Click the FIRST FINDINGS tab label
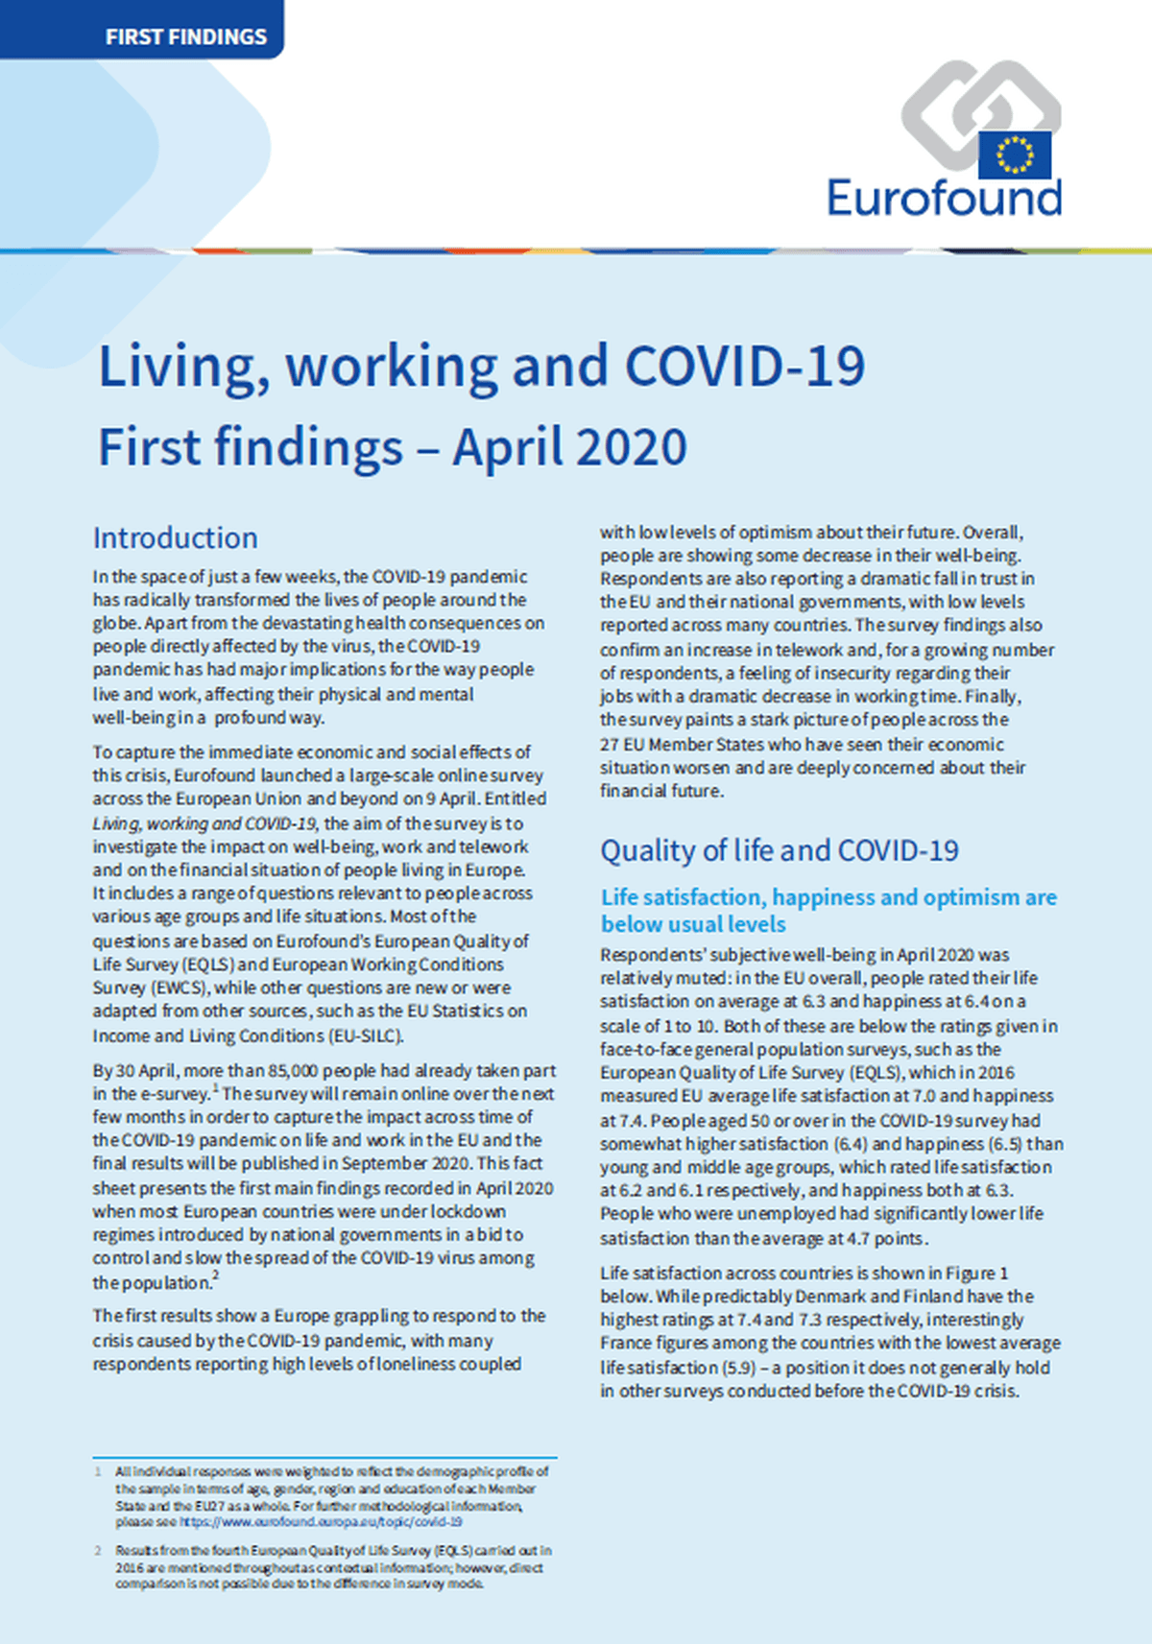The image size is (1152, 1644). pos(186,37)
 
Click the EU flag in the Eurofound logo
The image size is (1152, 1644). pos(1014,155)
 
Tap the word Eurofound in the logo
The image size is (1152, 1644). pos(945,198)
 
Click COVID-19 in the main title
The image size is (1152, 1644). pos(745,367)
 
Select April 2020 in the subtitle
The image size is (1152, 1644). pos(570,447)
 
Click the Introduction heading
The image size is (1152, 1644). pos(176,537)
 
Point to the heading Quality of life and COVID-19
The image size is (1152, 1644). pos(780,850)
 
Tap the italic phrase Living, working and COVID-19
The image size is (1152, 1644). pos(204,823)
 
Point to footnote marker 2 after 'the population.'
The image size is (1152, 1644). pos(216,1275)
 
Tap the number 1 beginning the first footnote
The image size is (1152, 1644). pos(97,1471)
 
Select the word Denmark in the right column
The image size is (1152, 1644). pos(831,1297)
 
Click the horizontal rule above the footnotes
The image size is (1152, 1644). pos(324,1457)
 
